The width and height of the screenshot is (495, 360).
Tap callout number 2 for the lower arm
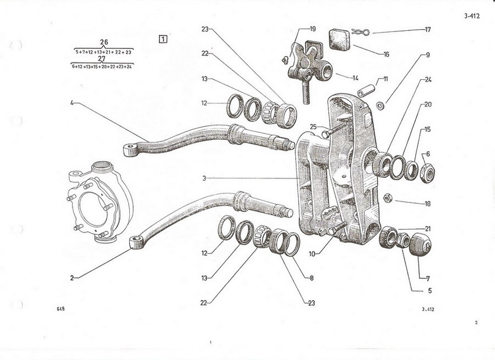72,278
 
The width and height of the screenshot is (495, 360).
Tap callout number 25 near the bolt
312,126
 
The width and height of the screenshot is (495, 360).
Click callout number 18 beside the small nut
428,204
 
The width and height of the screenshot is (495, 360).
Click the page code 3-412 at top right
472,17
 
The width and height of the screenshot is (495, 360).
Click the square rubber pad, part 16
338,39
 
